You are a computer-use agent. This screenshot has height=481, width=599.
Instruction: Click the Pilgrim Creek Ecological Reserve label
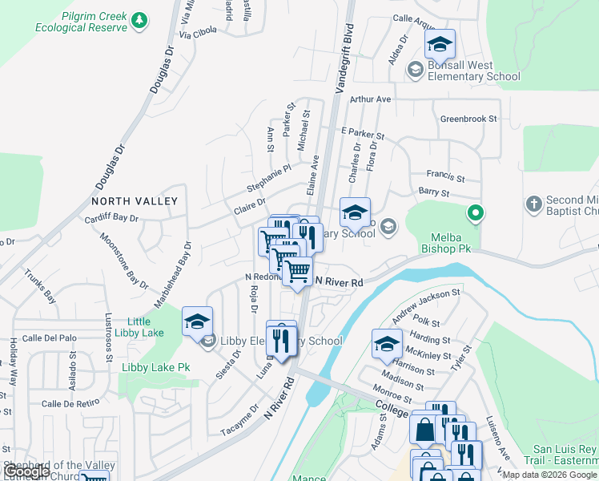pyautogui.click(x=81, y=22)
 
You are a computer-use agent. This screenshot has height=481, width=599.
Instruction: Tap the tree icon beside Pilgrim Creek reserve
pyautogui.click(x=139, y=20)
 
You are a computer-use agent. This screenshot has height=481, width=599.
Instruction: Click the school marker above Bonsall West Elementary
pyautogui.click(x=440, y=45)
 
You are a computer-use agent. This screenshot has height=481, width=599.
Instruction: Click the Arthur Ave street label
pyautogui.click(x=370, y=99)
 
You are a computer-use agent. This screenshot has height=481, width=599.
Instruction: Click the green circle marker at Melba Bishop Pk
pyautogui.click(x=475, y=213)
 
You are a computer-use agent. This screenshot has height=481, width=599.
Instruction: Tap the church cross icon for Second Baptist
pyautogui.click(x=534, y=201)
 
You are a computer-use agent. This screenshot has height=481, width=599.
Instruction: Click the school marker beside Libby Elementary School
pyautogui.click(x=197, y=322)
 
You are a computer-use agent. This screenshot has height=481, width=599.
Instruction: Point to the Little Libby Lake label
pyautogui.click(x=139, y=327)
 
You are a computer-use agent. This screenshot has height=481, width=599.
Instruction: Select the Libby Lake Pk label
pyautogui.click(x=155, y=367)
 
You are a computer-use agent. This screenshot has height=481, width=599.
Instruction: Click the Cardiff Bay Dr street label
pyautogui.click(x=118, y=218)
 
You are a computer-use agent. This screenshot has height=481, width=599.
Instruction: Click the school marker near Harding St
pyautogui.click(x=387, y=345)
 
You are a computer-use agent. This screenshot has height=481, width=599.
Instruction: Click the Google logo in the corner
pyautogui.click(x=26, y=471)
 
